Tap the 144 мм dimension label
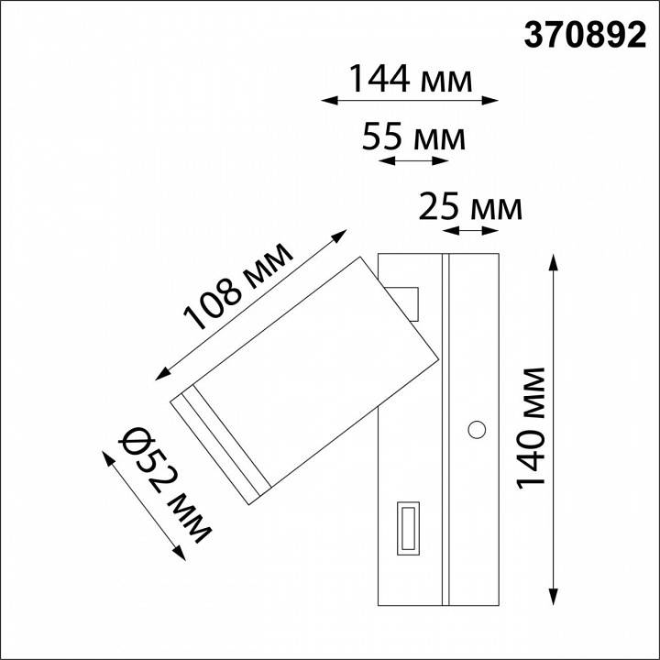[x=411, y=80]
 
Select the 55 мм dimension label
[x=414, y=138]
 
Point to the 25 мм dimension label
[x=470, y=209]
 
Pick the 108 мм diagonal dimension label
[x=238, y=287]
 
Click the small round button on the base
[x=477, y=428]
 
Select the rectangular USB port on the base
[x=408, y=528]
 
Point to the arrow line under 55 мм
[x=413, y=161]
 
